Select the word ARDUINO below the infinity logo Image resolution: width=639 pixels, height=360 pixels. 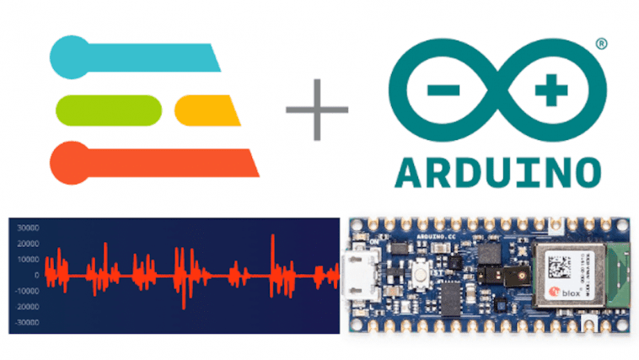click(497, 170)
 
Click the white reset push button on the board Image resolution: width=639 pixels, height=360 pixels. click(418, 273)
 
